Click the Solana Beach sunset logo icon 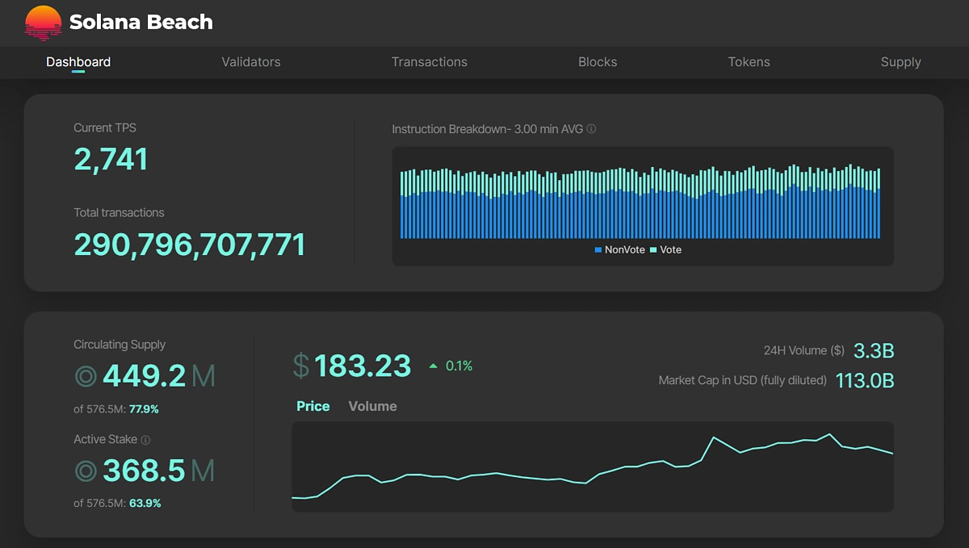[43, 23]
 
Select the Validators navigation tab [251, 62]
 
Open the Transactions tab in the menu [429, 62]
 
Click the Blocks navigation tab [598, 62]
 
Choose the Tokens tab [749, 62]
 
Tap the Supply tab [900, 62]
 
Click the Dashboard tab [78, 62]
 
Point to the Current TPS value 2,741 [111, 160]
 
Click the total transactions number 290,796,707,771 [190, 245]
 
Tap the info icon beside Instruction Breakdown [592, 129]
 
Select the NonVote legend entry [619, 250]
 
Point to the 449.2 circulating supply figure [144, 376]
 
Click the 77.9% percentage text [144, 409]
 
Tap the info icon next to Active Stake [145, 440]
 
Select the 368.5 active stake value [144, 471]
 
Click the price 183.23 [362, 366]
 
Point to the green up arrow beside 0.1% [434, 366]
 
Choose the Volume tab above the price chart [372, 406]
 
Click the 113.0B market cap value [864, 380]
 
